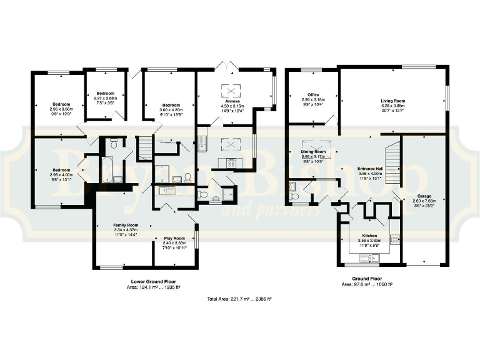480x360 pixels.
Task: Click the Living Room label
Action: click(393, 100)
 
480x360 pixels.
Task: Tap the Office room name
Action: click(313, 95)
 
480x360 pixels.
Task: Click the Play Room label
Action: click(174, 238)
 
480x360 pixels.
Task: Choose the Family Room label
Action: click(126, 224)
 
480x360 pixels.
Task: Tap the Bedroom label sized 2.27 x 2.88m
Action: click(106, 93)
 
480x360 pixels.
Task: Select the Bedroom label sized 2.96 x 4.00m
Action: click(61, 170)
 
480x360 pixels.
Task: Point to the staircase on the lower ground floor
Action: click(144, 149)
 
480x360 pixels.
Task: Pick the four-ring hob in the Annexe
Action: click(229, 163)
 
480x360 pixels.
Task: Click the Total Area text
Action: click(240, 299)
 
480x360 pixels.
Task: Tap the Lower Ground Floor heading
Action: click(149, 282)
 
